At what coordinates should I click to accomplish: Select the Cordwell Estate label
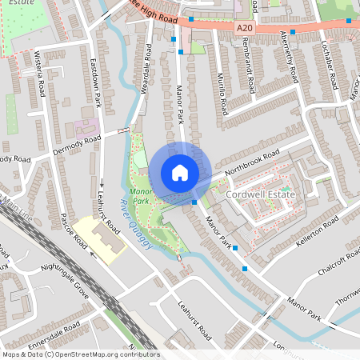pos(260,194)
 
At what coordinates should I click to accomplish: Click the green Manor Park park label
pos(141,197)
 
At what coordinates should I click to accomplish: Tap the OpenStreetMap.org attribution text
pos(104,354)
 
